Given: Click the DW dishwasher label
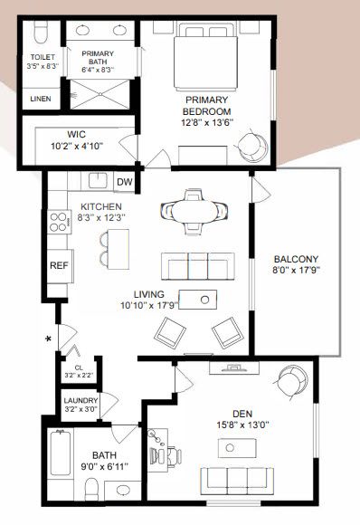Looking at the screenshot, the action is coord(125,182).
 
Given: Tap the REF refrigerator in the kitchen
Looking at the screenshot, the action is coord(60,266).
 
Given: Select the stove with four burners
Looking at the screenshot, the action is coord(60,222).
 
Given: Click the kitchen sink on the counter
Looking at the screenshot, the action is coord(98,180).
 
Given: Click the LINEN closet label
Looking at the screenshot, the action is coord(41,99).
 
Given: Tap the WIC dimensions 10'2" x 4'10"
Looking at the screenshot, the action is coord(77,147).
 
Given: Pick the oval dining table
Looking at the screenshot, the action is coord(194,211).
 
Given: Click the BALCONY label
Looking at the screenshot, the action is coord(296,259).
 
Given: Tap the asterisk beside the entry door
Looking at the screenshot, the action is coord(48,339).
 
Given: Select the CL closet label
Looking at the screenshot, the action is coord(79,368).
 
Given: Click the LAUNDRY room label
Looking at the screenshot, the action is coord(81,400).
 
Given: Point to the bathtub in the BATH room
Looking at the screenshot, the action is coord(61,453).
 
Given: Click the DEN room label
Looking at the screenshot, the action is coord(242,414).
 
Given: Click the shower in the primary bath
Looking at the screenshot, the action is coord(99,94).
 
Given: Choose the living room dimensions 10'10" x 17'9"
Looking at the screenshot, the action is coord(149,306).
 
